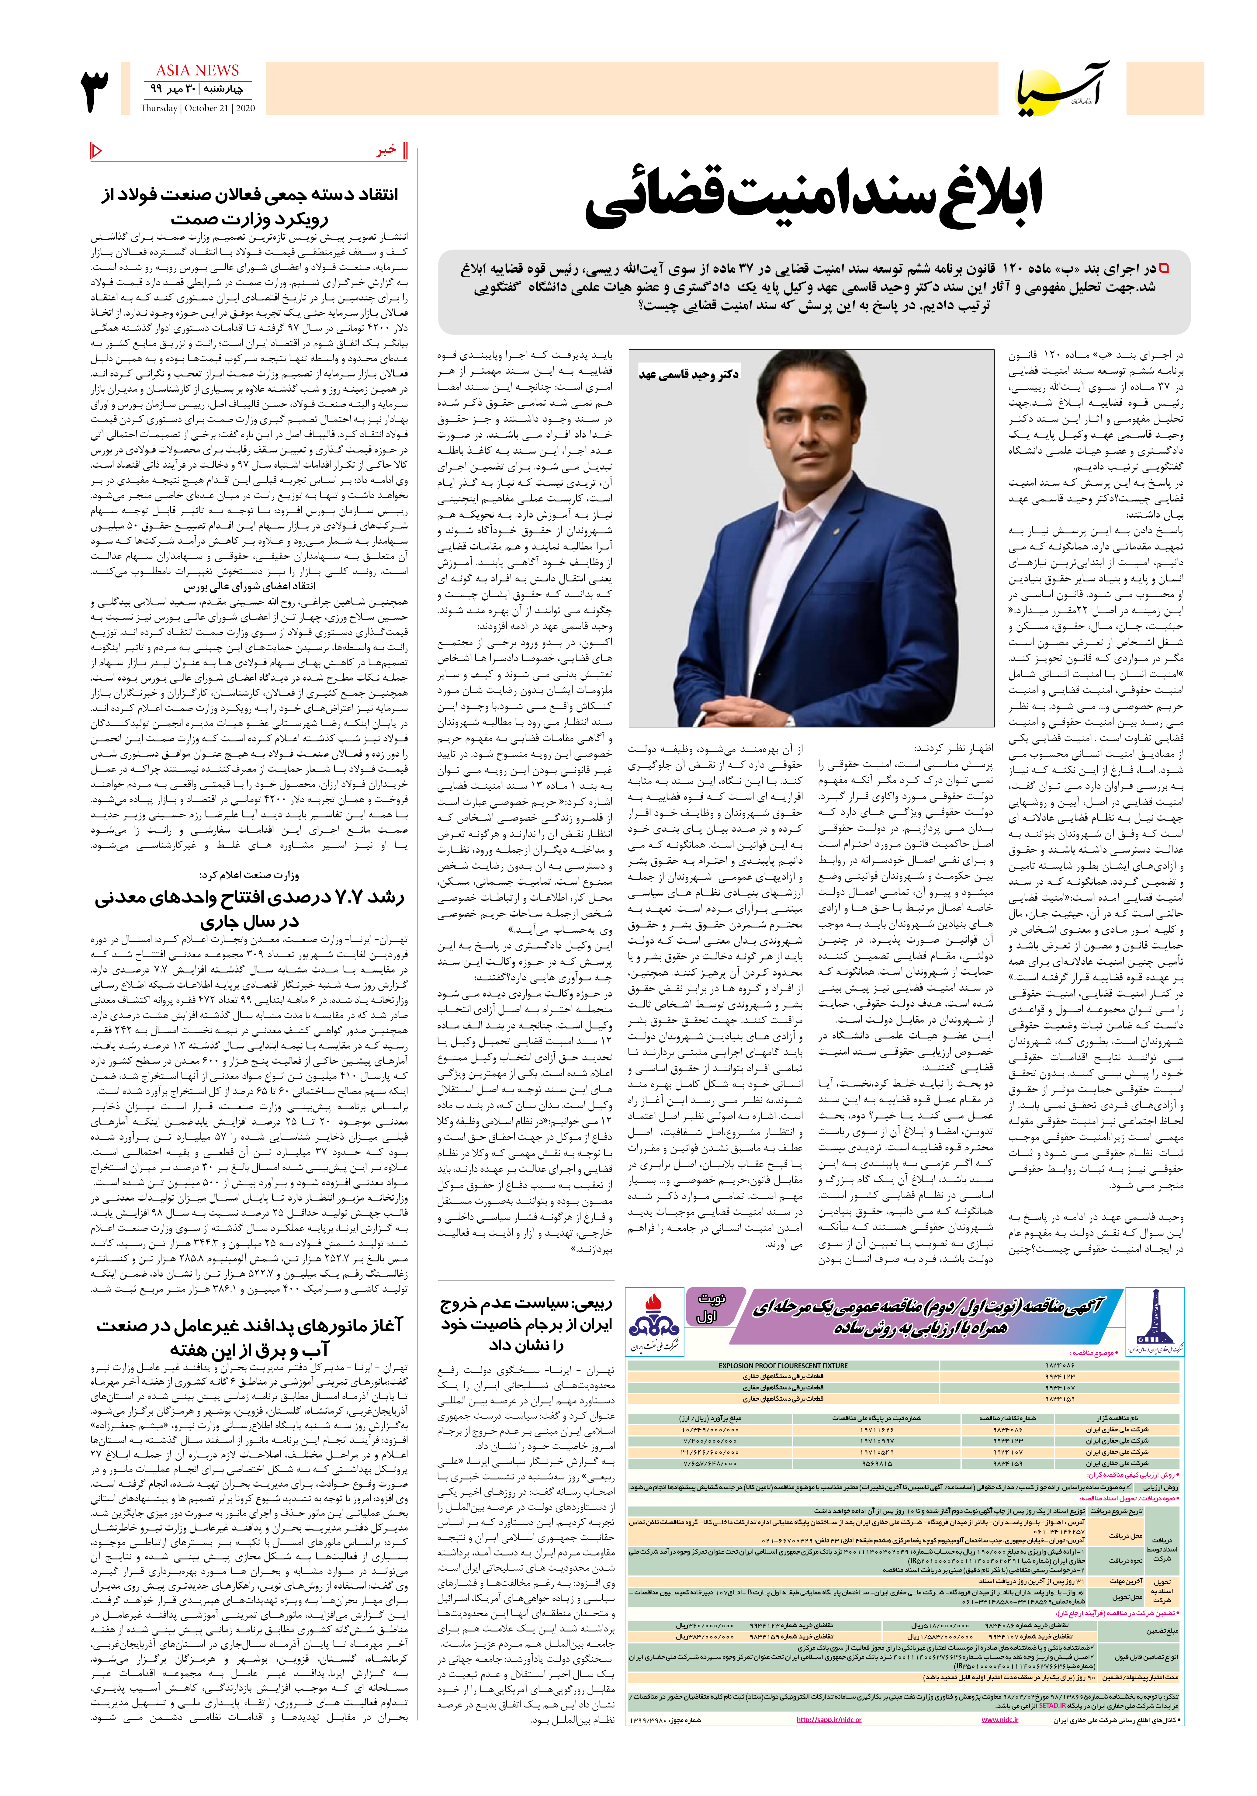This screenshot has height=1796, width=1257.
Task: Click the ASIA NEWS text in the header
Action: coord(197,71)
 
